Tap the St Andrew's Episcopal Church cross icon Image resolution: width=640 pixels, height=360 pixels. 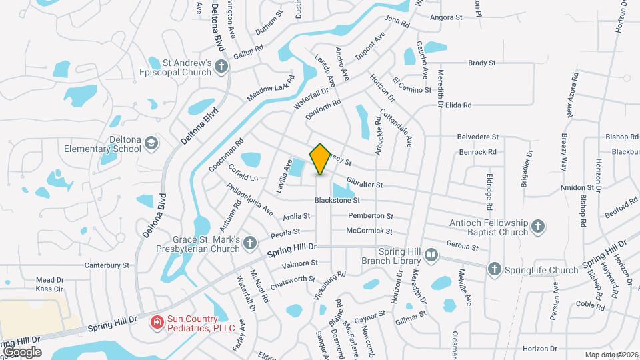[x=221, y=66]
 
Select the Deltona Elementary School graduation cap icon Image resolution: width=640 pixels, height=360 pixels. [x=151, y=143]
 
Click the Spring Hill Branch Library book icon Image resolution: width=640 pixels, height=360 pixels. [x=431, y=254]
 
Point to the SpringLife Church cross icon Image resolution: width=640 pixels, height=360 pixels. [x=494, y=269]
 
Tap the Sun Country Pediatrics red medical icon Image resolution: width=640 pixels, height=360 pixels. [x=157, y=323]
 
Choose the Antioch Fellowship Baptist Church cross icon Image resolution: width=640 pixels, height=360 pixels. [x=538, y=227]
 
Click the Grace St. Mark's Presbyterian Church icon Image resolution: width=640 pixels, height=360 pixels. [x=250, y=243]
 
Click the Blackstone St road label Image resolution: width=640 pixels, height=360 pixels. [x=337, y=200]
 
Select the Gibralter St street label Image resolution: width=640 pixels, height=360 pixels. [x=365, y=184]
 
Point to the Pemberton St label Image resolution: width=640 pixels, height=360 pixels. [x=371, y=216]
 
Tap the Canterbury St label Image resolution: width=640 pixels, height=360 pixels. [x=106, y=265]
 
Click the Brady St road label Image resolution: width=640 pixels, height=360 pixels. [x=482, y=63]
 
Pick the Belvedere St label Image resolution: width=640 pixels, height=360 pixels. [x=478, y=137]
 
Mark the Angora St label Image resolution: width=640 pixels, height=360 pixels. [x=447, y=17]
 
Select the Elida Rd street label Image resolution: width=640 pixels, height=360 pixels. [x=458, y=105]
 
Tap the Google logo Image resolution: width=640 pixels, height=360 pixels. [x=22, y=351]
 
